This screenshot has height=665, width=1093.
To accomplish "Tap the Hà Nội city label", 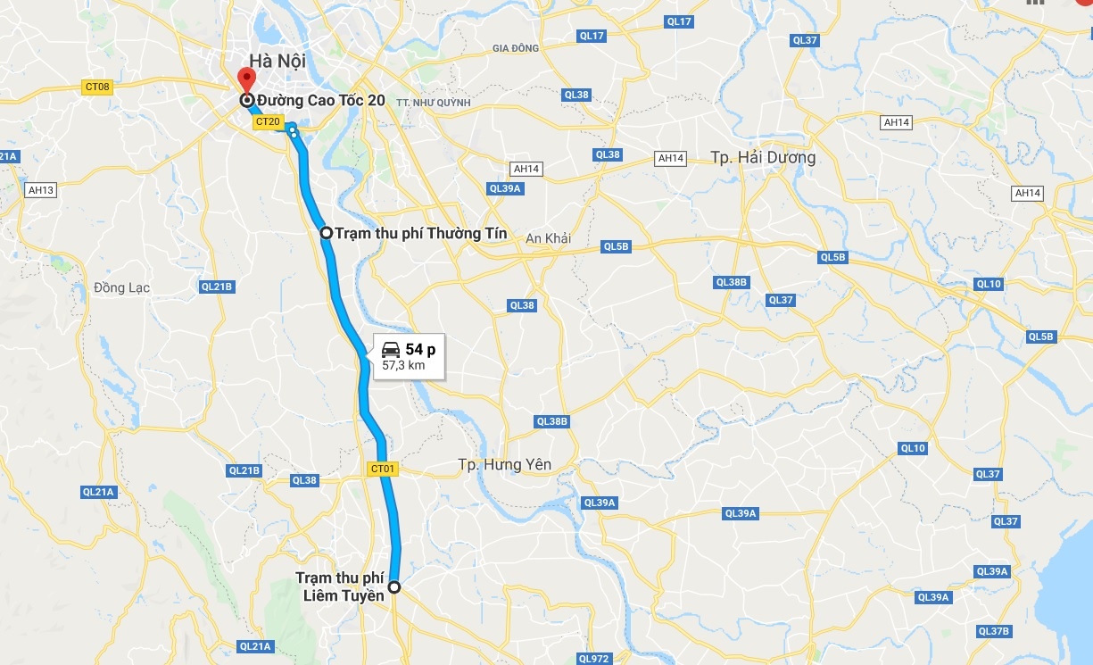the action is pos(277,61).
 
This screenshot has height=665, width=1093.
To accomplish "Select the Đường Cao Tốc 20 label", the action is pos(321,101).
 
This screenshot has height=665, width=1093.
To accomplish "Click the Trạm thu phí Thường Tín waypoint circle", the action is pos(327,233).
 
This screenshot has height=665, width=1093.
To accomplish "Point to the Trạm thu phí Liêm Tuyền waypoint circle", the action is pos(393,587).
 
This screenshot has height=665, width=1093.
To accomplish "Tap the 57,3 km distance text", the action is pos(403,365).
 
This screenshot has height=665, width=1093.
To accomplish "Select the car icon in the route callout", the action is pos(391,349).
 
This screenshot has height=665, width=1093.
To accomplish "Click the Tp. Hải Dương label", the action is pos(763,157).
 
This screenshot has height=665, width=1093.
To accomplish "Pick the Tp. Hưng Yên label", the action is pos(504,464).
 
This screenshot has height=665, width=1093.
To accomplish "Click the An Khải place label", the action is pos(548,238).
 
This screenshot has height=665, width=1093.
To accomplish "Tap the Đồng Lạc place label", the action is pos(122,287).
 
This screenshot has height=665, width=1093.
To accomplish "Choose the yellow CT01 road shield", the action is pos(381,468).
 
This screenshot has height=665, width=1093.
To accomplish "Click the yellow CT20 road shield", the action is pos(268,121).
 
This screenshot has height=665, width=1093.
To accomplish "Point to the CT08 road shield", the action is pos(97,87).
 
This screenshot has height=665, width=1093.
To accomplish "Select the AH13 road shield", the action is pos(41,190).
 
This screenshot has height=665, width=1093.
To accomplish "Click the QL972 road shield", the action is pos(593,659).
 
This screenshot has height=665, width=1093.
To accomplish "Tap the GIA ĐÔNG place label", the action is pos(516,47).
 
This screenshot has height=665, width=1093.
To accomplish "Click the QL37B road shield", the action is pos(993,631).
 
